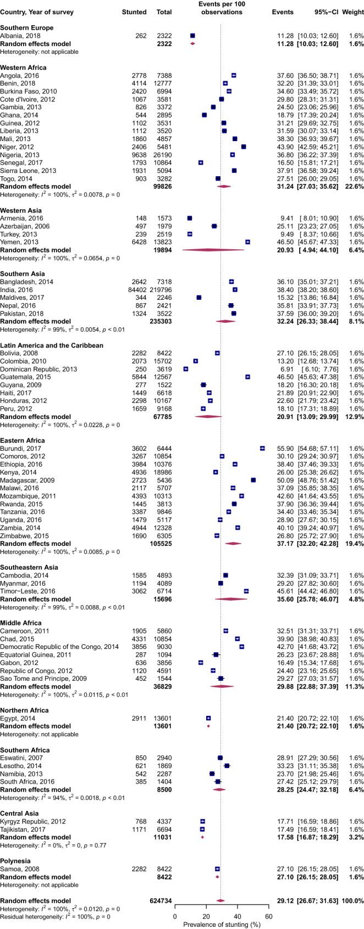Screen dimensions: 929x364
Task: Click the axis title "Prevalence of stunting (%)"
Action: point(222,923)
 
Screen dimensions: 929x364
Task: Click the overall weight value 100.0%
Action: point(351,900)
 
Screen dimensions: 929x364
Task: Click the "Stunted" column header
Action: point(135,12)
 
